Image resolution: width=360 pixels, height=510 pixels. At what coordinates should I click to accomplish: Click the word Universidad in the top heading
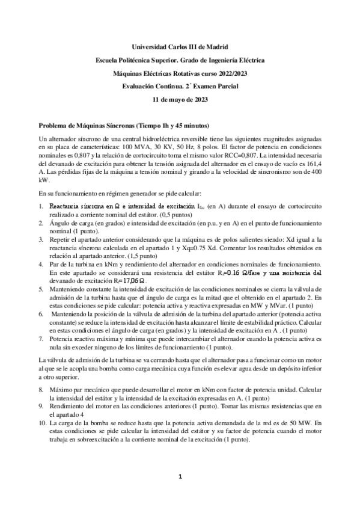[x=148, y=46]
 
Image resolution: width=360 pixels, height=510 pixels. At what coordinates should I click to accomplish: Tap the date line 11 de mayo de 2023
[x=180, y=99]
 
